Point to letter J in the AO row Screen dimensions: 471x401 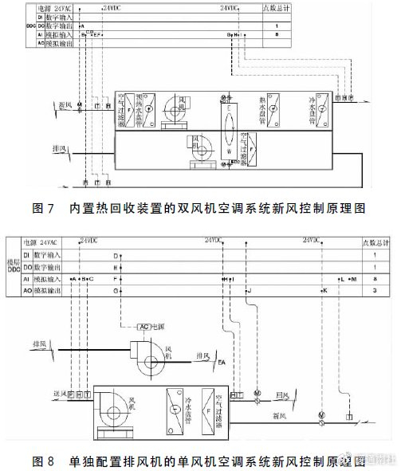(249, 292)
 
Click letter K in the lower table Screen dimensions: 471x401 (324, 292)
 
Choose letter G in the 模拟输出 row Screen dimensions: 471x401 (116, 292)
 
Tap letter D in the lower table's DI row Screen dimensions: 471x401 (116, 255)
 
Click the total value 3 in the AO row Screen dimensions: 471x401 (375, 292)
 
